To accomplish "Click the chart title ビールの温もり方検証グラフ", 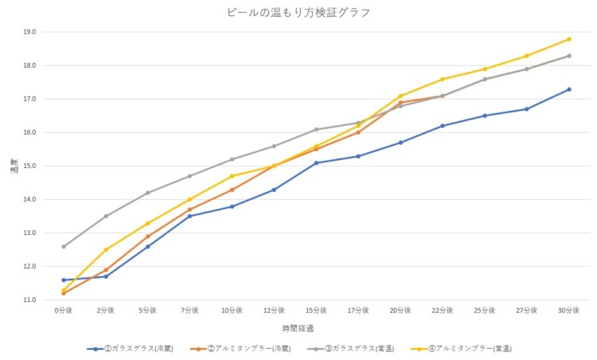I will click(298, 13).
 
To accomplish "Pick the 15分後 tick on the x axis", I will click(316, 310).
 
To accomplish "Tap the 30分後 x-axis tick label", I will click(569, 310).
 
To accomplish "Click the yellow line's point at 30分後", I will click(569, 39).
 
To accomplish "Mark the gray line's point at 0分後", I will click(64, 247).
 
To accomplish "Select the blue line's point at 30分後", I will click(569, 89).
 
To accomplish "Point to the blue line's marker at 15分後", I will click(316, 162).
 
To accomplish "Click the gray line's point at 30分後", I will click(569, 56).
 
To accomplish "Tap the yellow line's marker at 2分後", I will click(106, 249).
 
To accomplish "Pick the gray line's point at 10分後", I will click(232, 159).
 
